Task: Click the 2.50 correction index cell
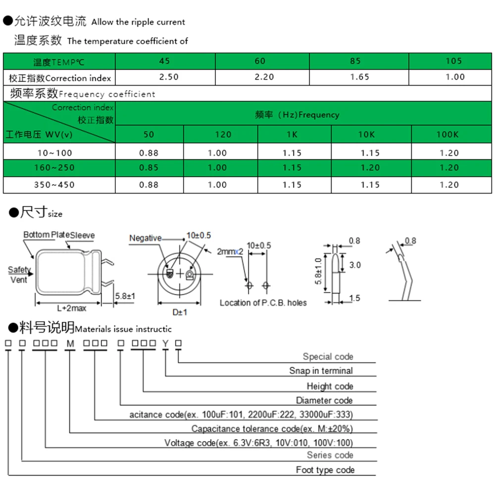click(169, 77)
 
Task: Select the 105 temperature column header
click(453, 61)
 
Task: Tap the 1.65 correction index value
click(359, 77)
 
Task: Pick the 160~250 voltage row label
click(54, 167)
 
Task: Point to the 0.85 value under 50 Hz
click(149, 167)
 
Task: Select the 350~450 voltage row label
click(54, 185)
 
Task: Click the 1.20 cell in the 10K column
click(370, 167)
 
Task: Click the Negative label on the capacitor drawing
click(145, 238)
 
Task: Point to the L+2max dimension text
click(71, 308)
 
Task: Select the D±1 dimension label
click(179, 312)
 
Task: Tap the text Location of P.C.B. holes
click(263, 302)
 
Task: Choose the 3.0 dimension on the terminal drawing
click(355, 265)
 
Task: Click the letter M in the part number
click(70, 344)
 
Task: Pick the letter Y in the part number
click(165, 344)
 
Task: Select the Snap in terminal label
click(321, 371)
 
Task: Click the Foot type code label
click(325, 470)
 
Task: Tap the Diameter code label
click(324, 400)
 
